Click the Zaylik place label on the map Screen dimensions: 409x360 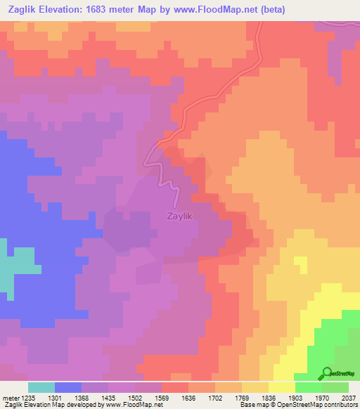(x=180, y=217)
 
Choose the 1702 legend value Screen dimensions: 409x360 (x=215, y=398)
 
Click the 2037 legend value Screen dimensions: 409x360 (x=349, y=398)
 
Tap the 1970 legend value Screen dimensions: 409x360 (x=322, y=398)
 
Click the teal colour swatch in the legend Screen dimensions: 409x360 (x=41, y=387)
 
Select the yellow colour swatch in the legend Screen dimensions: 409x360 (x=282, y=387)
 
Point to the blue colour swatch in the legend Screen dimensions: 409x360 (x=68, y=387)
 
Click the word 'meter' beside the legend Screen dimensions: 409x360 (x=10, y=398)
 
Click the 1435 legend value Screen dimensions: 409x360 (x=108, y=398)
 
